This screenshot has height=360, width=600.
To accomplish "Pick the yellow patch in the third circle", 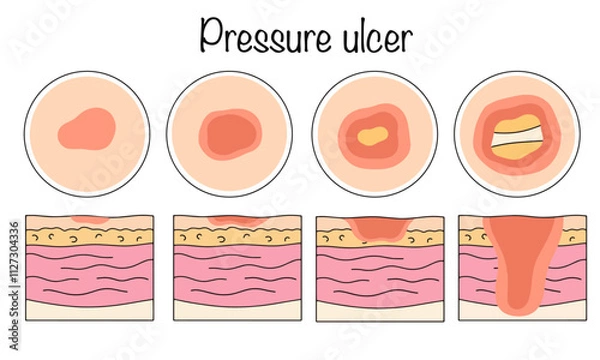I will click(x=372, y=133).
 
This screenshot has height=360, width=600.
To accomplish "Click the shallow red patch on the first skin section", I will click(x=89, y=218).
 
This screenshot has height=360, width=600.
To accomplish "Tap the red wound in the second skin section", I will click(x=231, y=221).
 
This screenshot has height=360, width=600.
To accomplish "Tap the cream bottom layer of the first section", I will click(x=89, y=309).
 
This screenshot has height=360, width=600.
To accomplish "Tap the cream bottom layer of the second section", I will click(x=231, y=309).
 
